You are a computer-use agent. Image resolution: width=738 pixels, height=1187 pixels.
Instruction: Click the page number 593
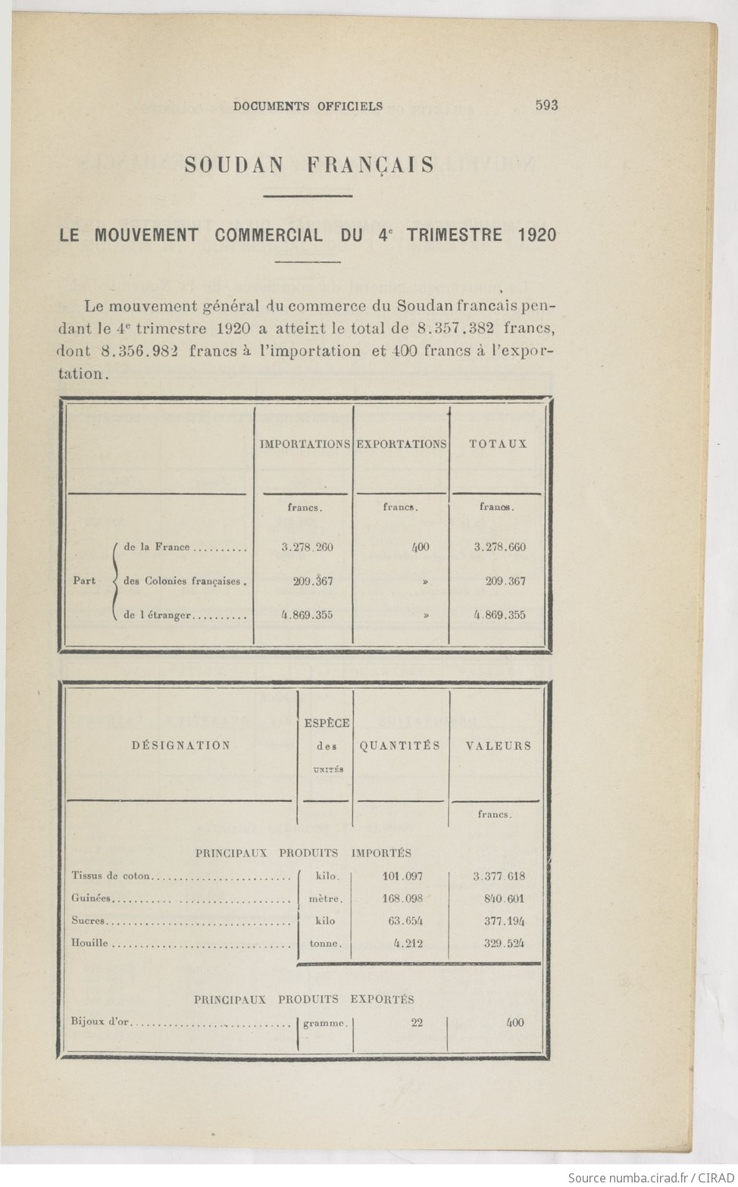[546, 105]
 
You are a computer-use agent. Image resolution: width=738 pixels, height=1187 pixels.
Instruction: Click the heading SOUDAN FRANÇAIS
[309, 165]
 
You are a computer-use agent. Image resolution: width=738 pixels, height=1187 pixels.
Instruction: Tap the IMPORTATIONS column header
[305, 444]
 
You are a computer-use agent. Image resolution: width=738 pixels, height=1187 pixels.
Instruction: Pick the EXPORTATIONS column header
[402, 444]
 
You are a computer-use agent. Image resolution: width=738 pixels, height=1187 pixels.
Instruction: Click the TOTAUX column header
[498, 444]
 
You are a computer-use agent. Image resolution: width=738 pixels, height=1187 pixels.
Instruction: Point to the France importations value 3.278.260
[307, 547]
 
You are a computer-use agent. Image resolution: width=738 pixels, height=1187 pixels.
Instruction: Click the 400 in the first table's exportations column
[421, 547]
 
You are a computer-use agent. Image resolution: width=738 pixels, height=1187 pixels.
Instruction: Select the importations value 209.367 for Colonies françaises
[312, 581]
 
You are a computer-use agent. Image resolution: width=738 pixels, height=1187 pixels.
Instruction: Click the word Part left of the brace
[84, 581]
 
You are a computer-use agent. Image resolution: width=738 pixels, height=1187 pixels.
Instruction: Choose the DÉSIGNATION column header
[180, 746]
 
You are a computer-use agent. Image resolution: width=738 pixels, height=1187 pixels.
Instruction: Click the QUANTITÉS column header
[400, 746]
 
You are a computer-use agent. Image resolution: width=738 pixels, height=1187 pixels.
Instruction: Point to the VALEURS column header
[498, 746]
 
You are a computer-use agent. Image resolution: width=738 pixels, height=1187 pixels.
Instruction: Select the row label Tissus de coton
[111, 876]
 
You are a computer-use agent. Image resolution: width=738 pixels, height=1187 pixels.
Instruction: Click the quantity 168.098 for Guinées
[402, 899]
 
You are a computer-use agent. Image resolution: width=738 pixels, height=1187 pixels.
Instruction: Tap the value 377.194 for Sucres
[504, 922]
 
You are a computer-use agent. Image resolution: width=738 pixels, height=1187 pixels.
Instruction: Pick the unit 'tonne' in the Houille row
[325, 944]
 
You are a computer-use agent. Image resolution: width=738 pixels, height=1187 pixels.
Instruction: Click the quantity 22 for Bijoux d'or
[417, 1023]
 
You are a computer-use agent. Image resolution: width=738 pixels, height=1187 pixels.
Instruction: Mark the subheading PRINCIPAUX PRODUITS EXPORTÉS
[304, 1000]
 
